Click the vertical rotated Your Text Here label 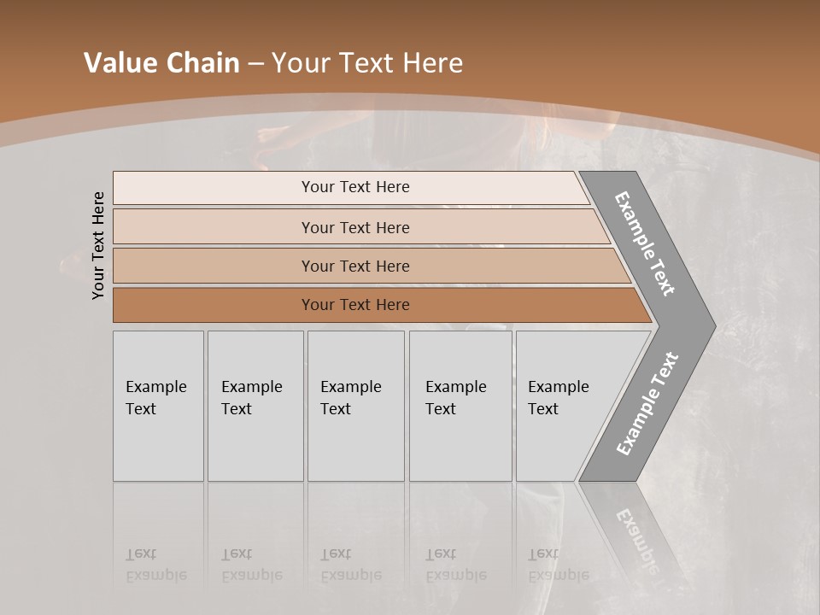[98, 245]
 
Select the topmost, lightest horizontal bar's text [355, 187]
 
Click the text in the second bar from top [355, 228]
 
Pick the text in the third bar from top [355, 266]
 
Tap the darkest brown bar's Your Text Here [355, 305]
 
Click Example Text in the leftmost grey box [155, 398]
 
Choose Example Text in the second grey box [251, 398]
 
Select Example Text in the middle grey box [350, 398]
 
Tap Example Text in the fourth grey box [455, 398]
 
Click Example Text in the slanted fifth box [558, 398]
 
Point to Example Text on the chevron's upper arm [645, 243]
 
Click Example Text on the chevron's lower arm [647, 404]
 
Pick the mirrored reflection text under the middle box [350, 565]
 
